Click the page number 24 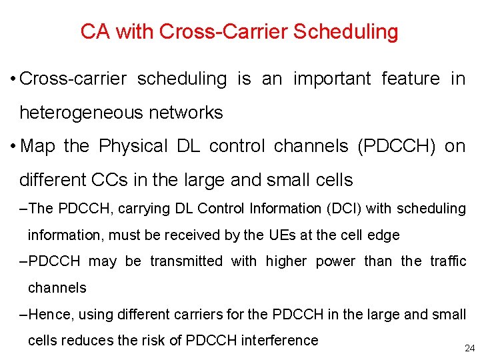(469, 348)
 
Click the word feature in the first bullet (411, 79)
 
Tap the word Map (38, 146)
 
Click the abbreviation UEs (281, 235)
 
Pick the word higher (286, 261)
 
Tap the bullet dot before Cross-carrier (13, 79)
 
